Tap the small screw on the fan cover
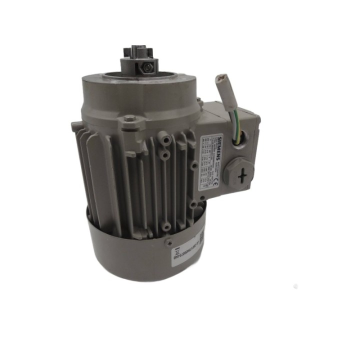pos(168,242)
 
